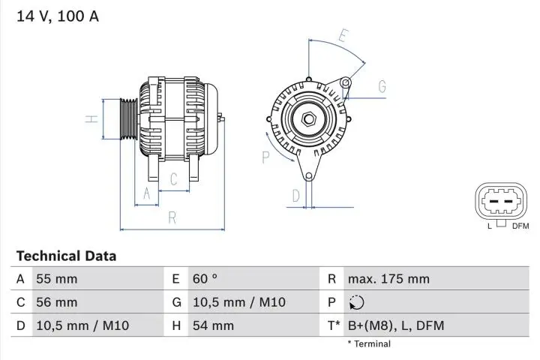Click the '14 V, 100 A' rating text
pyautogui.click(x=58, y=16)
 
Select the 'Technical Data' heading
pyautogui.click(x=66, y=256)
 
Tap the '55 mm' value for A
pyautogui.click(x=56, y=279)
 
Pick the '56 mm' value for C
pyautogui.click(x=56, y=302)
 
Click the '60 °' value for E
pyautogui.click(x=205, y=279)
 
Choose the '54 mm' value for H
pyautogui.click(x=213, y=325)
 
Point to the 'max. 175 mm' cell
pyautogui.click(x=388, y=279)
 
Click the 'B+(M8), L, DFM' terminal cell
pyautogui.click(x=394, y=325)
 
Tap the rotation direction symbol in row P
pyautogui.click(x=356, y=302)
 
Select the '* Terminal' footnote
pyautogui.click(x=368, y=343)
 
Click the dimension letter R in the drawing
pyautogui.click(x=172, y=217)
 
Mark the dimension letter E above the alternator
pyautogui.click(x=343, y=35)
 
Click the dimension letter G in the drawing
pyautogui.click(x=382, y=87)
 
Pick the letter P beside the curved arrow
pyautogui.click(x=265, y=157)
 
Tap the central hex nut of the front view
pyautogui.click(x=308, y=119)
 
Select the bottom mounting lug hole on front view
pyautogui.click(x=308, y=176)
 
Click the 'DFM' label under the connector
pyautogui.click(x=520, y=226)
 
